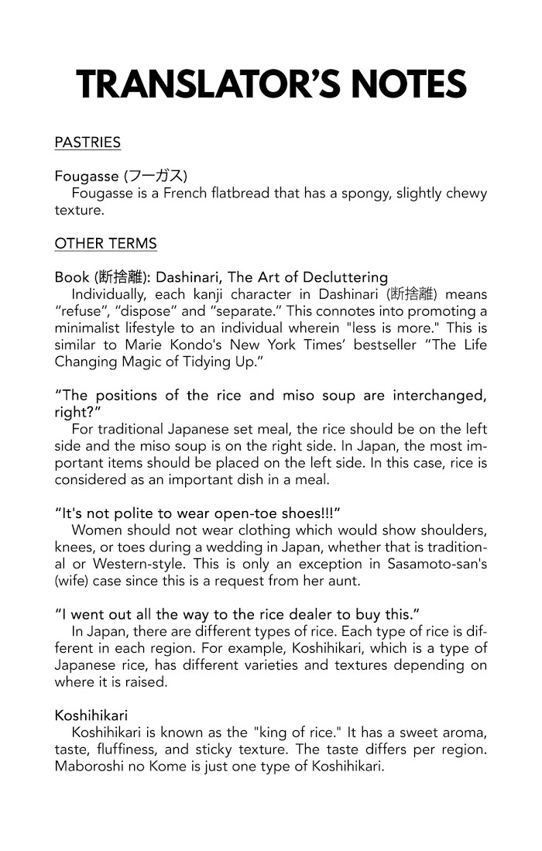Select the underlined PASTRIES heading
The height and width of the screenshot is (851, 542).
[87, 142]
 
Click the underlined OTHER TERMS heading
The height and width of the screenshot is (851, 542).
[105, 244]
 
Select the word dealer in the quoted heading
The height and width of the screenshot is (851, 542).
[297, 614]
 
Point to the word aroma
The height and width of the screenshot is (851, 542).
[465, 733]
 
